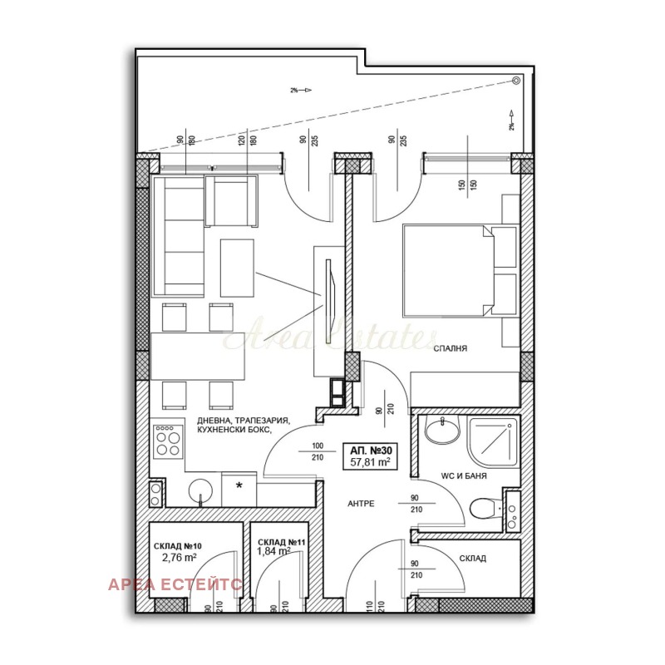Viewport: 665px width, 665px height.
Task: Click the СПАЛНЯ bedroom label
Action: [x=450, y=349]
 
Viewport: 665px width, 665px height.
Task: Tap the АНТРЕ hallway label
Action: [x=360, y=504]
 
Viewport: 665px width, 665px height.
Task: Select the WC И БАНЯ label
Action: [x=463, y=476]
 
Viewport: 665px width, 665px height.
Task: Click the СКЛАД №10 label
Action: [x=178, y=546]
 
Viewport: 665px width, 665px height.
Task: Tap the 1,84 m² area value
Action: [x=273, y=550]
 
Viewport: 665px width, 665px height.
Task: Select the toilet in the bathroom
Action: [x=484, y=506]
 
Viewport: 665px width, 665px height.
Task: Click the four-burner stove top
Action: [x=167, y=441]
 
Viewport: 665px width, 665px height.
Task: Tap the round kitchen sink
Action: [x=200, y=491]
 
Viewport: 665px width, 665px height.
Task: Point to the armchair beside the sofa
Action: [x=234, y=200]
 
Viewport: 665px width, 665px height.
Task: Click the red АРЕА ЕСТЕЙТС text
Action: [x=175, y=584]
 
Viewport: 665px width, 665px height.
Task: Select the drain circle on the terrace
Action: [x=515, y=81]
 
